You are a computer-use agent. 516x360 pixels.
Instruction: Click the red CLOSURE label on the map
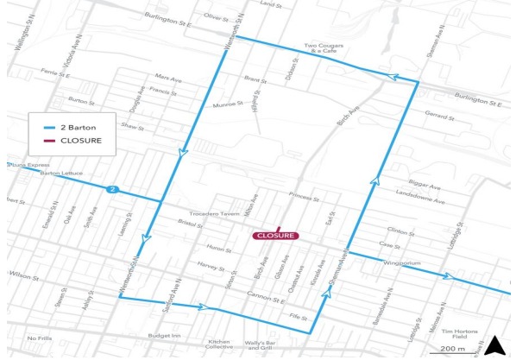coord(275,235)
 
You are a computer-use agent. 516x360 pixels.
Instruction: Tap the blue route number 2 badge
coord(111,188)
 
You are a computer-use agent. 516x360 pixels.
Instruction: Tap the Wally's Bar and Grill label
coord(259,344)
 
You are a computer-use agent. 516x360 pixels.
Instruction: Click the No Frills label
coord(41,338)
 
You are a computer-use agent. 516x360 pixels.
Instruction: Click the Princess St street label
coord(305,198)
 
